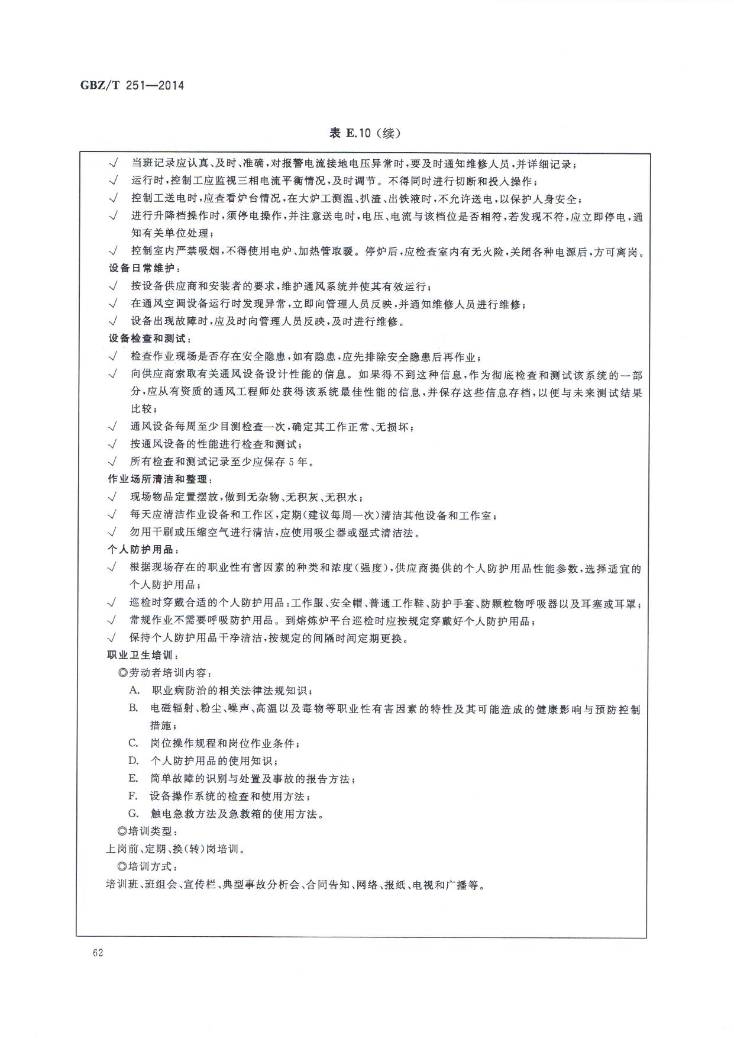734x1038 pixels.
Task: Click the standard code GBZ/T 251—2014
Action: [132, 86]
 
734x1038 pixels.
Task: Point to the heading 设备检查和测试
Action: [150, 339]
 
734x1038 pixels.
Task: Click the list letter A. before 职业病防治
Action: [134, 690]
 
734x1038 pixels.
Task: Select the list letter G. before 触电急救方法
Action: [134, 814]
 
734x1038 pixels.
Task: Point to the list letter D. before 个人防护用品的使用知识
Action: [134, 760]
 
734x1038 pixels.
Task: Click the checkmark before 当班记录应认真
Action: [113, 163]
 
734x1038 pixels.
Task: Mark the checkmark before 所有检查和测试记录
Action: [112, 462]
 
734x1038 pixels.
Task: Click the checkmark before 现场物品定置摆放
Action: [112, 497]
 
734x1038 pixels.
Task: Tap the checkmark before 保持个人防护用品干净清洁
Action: [112, 638]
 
